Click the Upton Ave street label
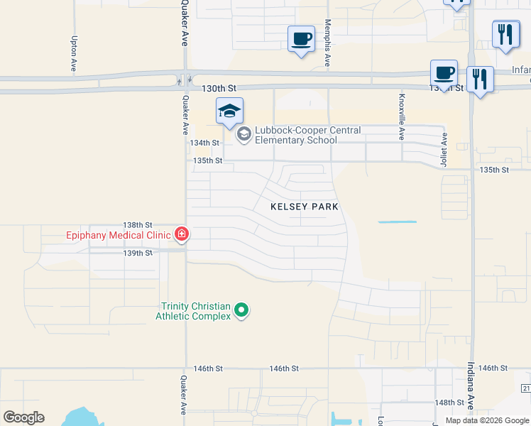(73, 55)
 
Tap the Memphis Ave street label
(328, 43)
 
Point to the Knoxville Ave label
(402, 116)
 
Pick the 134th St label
(204, 143)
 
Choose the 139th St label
(138, 253)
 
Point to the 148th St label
(449, 403)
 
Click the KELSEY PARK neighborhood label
(305, 207)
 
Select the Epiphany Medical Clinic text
(118, 235)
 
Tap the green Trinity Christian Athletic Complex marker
(241, 310)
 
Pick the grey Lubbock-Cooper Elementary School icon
(244, 134)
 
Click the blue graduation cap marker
(229, 111)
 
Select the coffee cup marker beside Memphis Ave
(302, 38)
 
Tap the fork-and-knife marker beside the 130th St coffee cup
(481, 79)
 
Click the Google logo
(24, 417)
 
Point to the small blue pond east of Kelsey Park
(397, 222)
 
